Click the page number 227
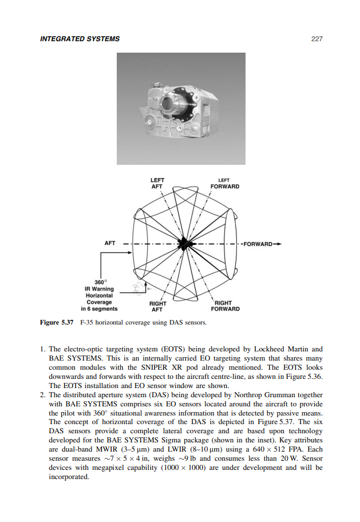point(317,39)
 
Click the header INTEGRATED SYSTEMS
point(80,39)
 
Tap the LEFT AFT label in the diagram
point(157,183)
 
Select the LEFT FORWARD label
point(224,183)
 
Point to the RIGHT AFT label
point(157,306)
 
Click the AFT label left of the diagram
point(110,243)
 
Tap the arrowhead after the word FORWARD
point(278,244)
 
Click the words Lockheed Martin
point(283,349)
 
